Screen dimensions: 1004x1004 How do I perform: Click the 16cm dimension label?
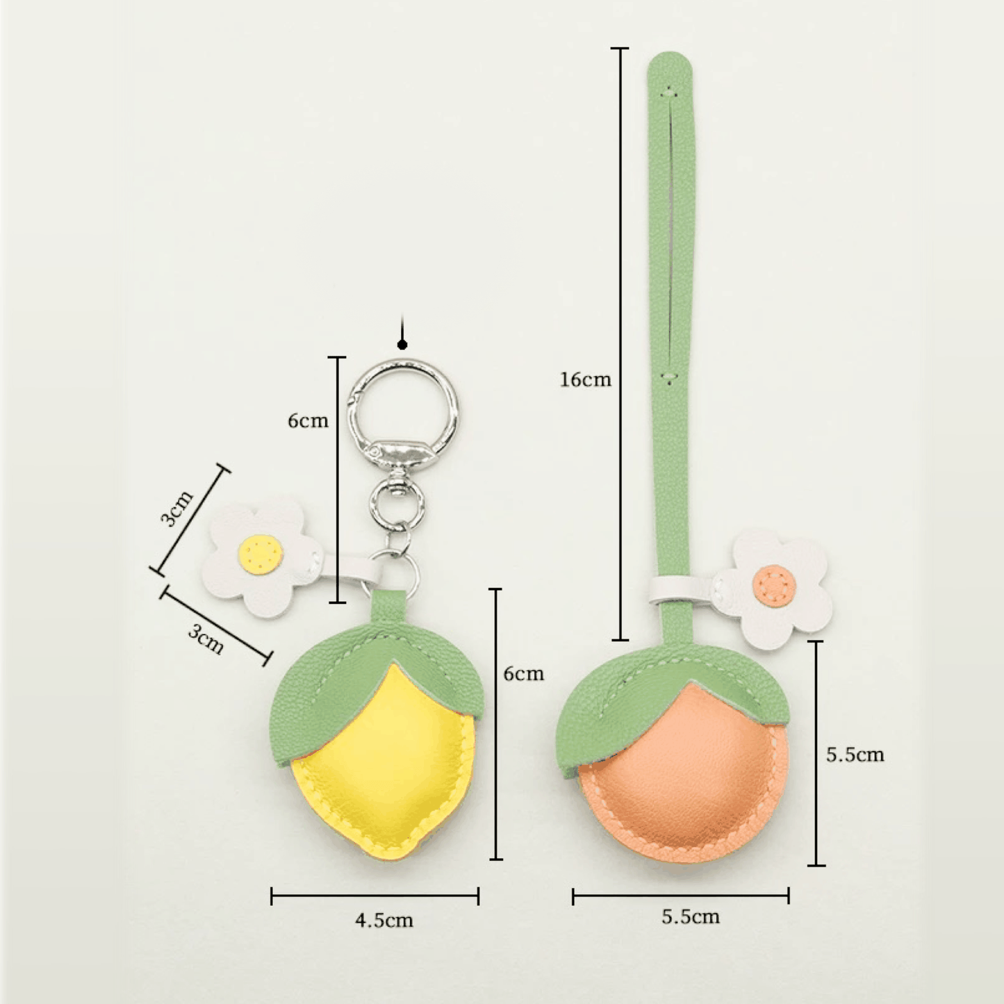point(585,379)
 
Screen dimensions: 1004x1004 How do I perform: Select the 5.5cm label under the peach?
point(691,916)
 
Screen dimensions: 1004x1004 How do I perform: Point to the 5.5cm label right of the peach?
point(855,755)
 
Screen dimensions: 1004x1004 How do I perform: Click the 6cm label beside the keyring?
point(308,420)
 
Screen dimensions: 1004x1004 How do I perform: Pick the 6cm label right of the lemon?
point(523,674)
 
